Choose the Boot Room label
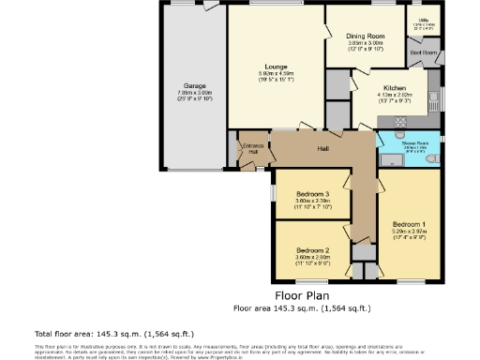click(x=424, y=53)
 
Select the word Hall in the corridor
click(x=322, y=149)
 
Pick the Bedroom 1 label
click(x=411, y=225)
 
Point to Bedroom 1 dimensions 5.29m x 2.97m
click(x=411, y=232)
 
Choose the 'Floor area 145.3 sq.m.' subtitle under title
click(x=302, y=307)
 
